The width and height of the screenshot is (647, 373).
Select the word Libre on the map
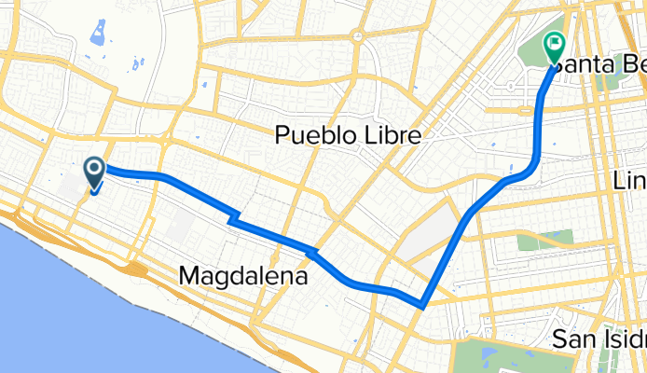(x=391, y=136)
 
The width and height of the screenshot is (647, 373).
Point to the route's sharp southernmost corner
(x=422, y=304)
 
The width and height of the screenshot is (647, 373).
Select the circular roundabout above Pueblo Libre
(x=356, y=35)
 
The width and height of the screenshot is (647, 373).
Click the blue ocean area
(x=56, y=308)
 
